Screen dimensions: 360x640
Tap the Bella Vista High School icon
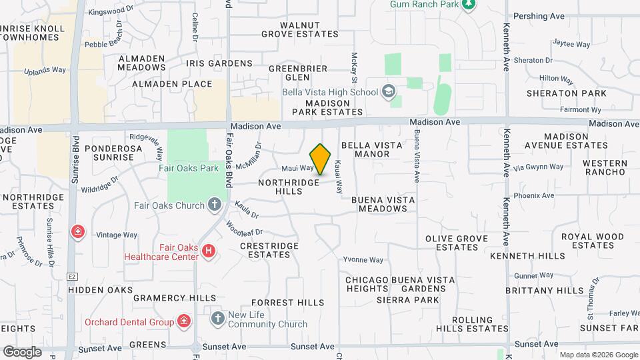click(x=388, y=91)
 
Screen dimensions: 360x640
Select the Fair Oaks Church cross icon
click(x=215, y=205)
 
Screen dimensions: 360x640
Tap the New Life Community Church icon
click(x=217, y=319)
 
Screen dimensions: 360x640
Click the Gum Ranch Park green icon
click(x=469, y=5)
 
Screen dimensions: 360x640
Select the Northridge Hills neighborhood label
click(x=289, y=186)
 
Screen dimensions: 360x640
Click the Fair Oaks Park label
click(x=189, y=168)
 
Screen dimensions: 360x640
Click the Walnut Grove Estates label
click(x=300, y=29)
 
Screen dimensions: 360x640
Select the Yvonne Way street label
click(x=363, y=260)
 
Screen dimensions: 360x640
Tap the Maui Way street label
click(x=297, y=168)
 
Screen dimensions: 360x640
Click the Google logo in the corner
click(x=22, y=351)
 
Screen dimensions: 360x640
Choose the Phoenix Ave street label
click(x=538, y=195)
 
